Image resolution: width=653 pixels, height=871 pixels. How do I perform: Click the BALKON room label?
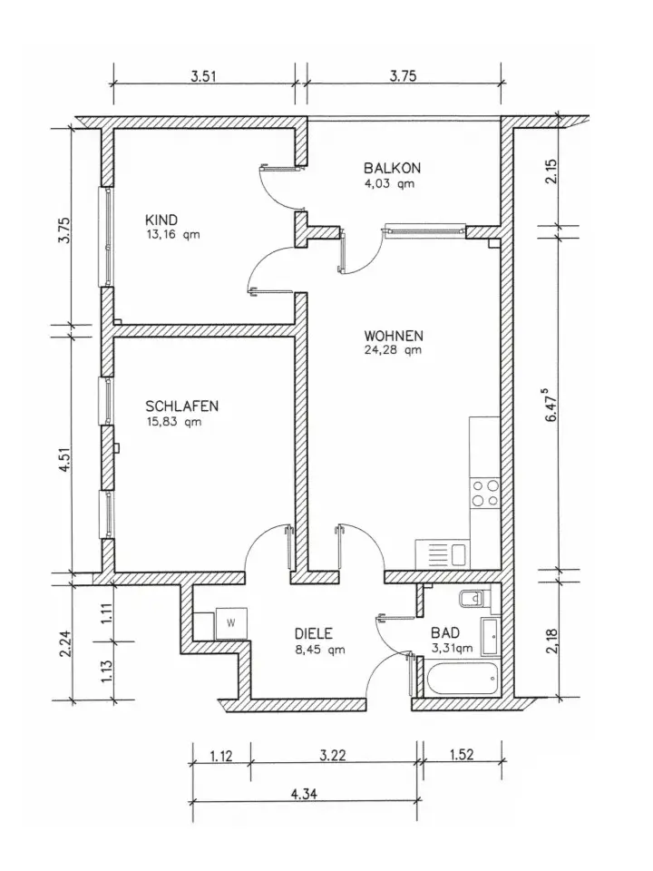[x=392, y=168]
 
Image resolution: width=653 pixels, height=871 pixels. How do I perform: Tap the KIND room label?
[x=161, y=220]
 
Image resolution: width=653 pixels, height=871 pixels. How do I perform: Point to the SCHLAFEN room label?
[x=181, y=406]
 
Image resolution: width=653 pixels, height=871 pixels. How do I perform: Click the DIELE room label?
[x=315, y=634]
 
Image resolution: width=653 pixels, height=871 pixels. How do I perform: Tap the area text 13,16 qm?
[x=172, y=235]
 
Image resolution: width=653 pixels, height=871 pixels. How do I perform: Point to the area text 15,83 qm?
[x=174, y=422]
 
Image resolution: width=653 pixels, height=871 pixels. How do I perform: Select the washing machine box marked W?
[x=229, y=622]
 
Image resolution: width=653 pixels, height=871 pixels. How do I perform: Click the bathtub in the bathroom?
[x=461, y=677]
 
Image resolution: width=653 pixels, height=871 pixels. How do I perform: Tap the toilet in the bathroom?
[x=474, y=599]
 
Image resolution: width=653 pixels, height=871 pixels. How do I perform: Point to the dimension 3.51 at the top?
[x=203, y=77]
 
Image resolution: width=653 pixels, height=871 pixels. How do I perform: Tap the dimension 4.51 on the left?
[x=63, y=454]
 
